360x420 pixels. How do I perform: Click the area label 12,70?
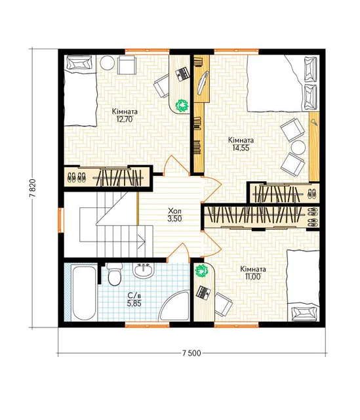(x=125, y=119)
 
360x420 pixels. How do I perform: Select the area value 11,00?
(x=252, y=277)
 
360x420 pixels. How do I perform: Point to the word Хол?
(x=174, y=210)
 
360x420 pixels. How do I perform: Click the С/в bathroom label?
(x=134, y=296)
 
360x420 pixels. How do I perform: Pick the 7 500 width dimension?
(x=191, y=353)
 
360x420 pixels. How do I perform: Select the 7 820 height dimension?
(x=33, y=188)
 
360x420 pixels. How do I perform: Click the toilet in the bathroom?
(x=115, y=274)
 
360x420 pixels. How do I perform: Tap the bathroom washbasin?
(x=144, y=270)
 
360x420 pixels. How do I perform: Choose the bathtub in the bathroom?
(x=84, y=293)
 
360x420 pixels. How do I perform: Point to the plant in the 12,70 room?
(x=182, y=105)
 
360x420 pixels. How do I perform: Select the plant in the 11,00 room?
(x=201, y=271)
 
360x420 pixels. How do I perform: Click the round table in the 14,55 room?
(x=298, y=147)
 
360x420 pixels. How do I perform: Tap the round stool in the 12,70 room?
(x=108, y=63)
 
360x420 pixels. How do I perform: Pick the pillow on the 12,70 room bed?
(x=79, y=64)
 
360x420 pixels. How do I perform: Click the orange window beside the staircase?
(x=61, y=220)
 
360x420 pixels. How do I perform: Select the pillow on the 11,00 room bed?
(x=304, y=314)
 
